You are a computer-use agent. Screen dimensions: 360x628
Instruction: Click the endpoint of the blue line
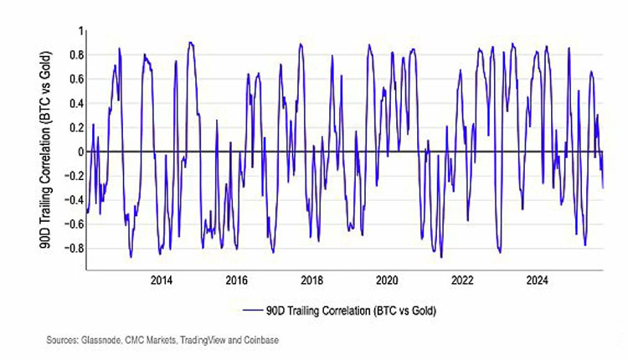[603, 188]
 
